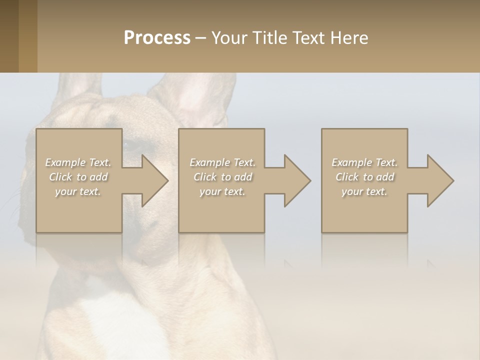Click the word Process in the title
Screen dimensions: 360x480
[157, 38]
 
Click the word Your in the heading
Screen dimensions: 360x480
[230, 38]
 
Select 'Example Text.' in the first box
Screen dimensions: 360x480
[78, 162]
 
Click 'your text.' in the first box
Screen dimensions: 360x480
[78, 191]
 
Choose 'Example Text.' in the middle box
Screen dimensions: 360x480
[222, 162]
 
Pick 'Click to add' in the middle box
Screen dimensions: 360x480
[222, 177]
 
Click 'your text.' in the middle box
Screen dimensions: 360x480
[222, 191]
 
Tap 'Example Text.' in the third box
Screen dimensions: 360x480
[364, 162]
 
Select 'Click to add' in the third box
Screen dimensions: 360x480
[364, 177]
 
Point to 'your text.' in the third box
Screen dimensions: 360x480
[364, 191]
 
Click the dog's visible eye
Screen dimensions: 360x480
[132, 146]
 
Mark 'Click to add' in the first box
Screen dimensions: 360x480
[78, 177]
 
